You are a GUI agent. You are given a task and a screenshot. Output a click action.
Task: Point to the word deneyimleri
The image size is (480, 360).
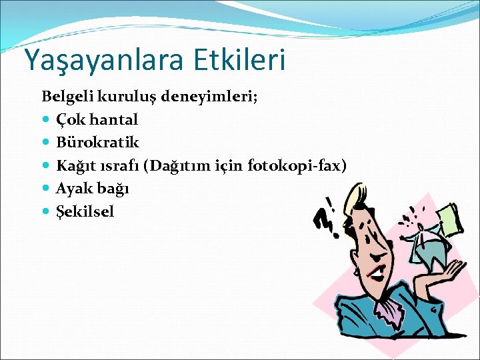pyautogui.click(x=217, y=97)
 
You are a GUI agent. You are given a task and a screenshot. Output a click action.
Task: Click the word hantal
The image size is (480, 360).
pyautogui.click(x=113, y=120)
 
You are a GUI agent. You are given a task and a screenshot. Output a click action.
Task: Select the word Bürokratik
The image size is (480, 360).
pyautogui.click(x=97, y=143)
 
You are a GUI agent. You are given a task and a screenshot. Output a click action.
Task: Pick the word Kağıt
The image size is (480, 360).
pyautogui.click(x=75, y=166)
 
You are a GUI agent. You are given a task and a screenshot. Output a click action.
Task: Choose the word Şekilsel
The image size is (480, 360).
pyautogui.click(x=85, y=212)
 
